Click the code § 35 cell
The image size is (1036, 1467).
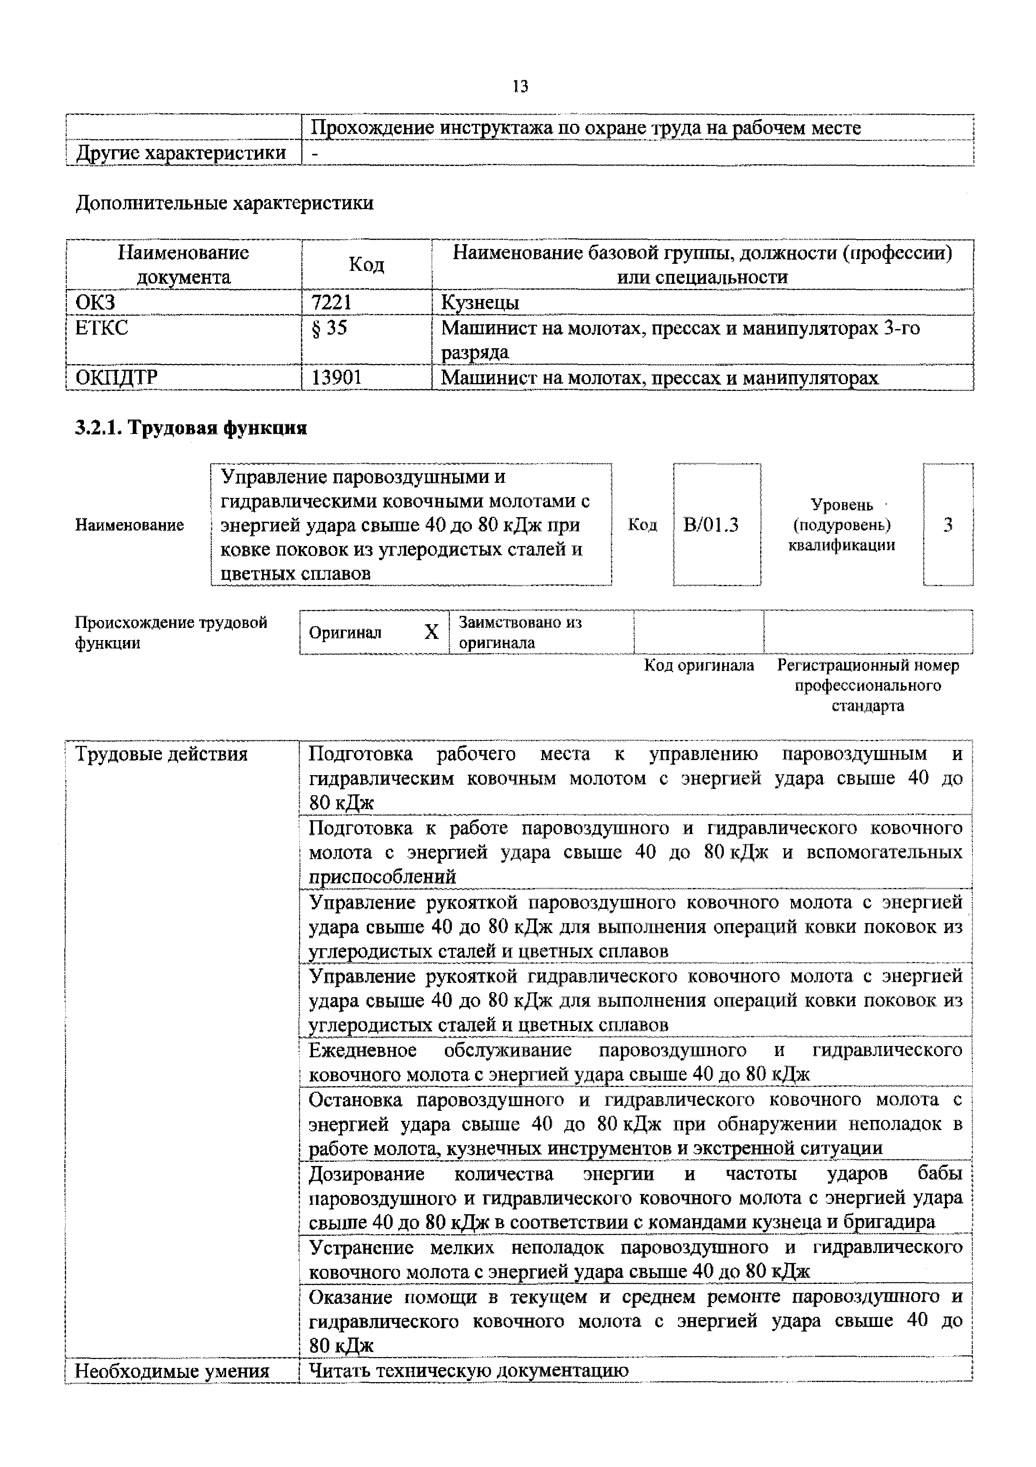point(329,328)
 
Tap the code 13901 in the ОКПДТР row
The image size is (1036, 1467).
point(336,378)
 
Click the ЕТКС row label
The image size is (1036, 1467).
point(102,328)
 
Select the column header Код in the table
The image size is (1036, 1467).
point(366,265)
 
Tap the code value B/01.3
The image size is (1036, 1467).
point(710,525)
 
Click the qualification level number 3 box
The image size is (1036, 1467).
point(948,525)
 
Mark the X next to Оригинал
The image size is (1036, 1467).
point(431,632)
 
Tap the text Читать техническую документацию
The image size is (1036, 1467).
point(468,1370)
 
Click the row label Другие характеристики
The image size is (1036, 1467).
point(181,153)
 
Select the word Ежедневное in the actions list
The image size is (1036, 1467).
point(362,1051)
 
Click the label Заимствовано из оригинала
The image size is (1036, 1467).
point(519,632)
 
